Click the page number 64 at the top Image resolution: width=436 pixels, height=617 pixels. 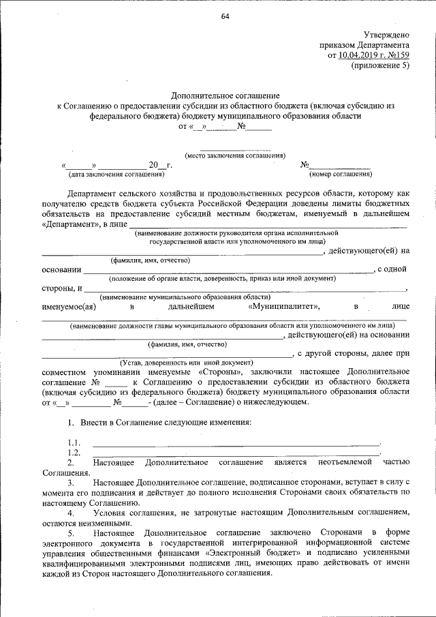pos(224,16)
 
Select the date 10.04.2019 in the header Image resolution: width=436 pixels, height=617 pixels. pos(360,55)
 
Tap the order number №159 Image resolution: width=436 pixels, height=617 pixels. pos(396,55)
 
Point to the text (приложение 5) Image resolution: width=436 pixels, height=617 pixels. pos(381,65)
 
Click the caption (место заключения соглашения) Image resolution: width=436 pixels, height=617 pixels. pos(235,155)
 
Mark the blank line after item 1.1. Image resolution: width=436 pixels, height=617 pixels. pos(236,444)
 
